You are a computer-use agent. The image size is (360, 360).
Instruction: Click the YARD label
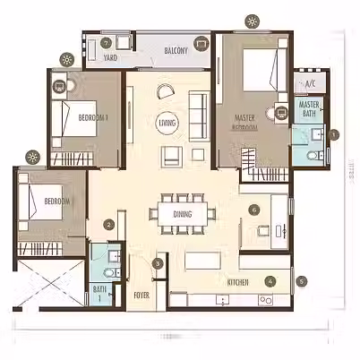pyautogui.click(x=110, y=57)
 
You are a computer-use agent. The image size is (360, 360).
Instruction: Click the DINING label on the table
pyautogui.click(x=183, y=214)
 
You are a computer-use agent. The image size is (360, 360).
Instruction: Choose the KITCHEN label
pyautogui.click(x=237, y=282)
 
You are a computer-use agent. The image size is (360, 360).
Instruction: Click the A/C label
pyautogui.click(x=311, y=84)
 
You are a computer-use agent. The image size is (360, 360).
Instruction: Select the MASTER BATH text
pyautogui.click(x=311, y=109)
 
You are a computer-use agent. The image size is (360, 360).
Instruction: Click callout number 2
pyautogui.click(x=108, y=225)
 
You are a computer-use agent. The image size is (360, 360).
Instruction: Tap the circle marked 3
pyautogui.click(x=158, y=263)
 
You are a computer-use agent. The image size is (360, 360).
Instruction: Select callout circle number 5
pyautogui.click(x=302, y=280)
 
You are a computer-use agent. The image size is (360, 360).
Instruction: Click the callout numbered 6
pyautogui.click(x=254, y=210)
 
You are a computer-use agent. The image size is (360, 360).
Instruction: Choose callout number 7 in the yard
pyautogui.click(x=106, y=42)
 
